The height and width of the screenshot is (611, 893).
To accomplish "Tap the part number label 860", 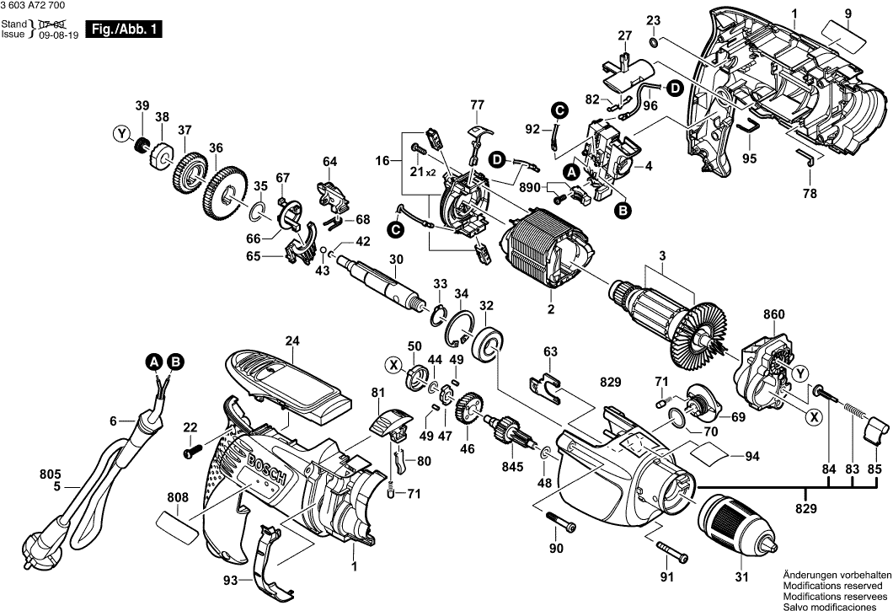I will tap(774, 315).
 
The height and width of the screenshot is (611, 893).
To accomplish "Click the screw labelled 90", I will tap(561, 523).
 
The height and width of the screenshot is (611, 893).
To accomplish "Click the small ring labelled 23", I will tap(655, 42).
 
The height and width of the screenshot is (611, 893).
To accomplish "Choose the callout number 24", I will tap(292, 341).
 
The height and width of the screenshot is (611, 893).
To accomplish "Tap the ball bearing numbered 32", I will tap(488, 345).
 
